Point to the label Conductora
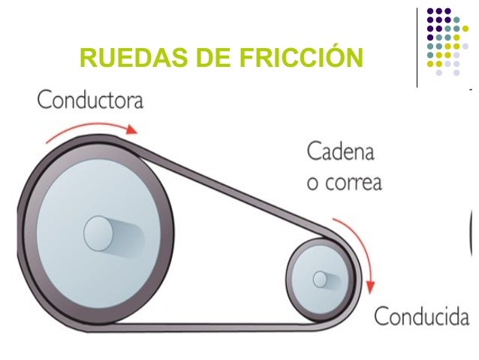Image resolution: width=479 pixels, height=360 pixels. (x=90, y=100)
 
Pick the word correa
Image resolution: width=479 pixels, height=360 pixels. (x=352, y=183)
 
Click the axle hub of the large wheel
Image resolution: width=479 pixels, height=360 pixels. (x=98, y=233)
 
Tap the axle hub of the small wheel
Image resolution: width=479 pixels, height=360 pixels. (x=321, y=280)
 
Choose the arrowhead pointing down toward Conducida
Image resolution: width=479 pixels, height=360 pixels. (x=370, y=289)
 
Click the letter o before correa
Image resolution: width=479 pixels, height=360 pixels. (x=312, y=183)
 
